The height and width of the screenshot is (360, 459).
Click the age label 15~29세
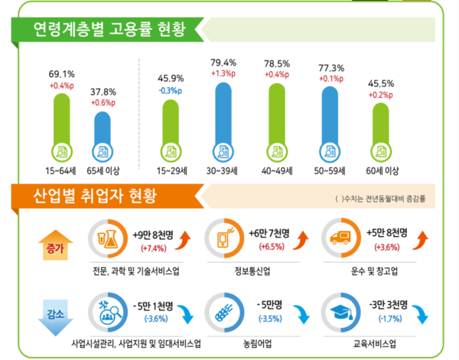[x=173, y=170]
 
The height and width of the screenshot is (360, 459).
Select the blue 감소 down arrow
[x=53, y=316]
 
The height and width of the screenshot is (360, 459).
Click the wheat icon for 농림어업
[x=223, y=312]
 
